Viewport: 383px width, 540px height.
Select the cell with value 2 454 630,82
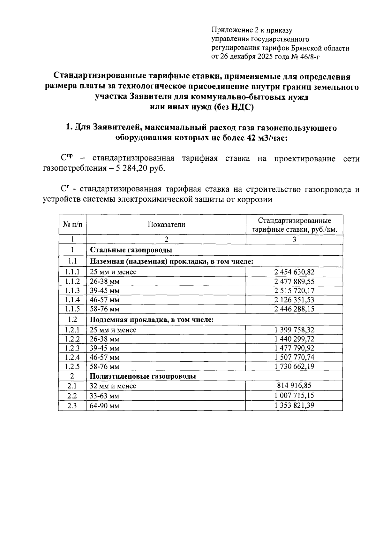[x=294, y=272]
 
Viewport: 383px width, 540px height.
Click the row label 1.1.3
[x=72, y=290]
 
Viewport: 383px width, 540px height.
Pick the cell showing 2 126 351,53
[x=294, y=300]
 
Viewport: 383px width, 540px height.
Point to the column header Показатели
[x=166, y=225]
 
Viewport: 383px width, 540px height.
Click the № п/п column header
[x=72, y=225]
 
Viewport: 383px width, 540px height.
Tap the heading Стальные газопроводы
[x=131, y=250]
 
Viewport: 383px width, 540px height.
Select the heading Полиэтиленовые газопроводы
[x=143, y=376]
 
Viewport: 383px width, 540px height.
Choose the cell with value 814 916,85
[x=294, y=385]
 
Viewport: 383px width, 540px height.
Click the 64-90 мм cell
[x=104, y=406]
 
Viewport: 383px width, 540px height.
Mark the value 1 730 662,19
[x=294, y=366]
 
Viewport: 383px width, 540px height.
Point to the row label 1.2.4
[x=72, y=357]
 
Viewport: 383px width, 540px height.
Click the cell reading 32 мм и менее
[x=113, y=386]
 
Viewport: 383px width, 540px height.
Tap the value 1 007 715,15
[x=294, y=395]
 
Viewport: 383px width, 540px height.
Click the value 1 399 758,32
[x=294, y=330]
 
